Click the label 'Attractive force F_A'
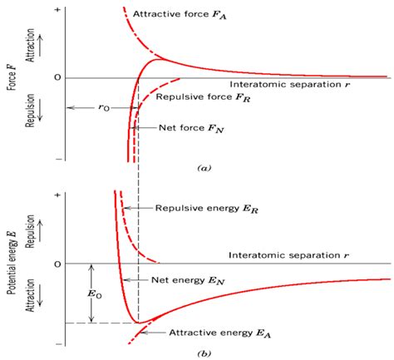point(180,15)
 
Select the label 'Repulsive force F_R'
point(203,97)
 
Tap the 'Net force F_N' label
point(191,128)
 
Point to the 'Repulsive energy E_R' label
point(207,209)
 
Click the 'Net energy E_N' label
point(188,281)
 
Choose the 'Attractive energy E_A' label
point(220,333)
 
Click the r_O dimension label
point(104,107)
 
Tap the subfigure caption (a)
point(204,168)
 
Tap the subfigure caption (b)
point(204,353)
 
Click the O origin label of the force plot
point(57,78)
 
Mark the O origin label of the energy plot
point(57,264)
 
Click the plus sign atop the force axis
point(57,10)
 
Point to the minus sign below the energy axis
point(58,344)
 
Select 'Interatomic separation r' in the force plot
point(289,85)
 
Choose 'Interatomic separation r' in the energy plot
point(288,255)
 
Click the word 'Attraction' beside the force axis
point(30,45)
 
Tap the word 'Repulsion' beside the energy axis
point(30,231)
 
